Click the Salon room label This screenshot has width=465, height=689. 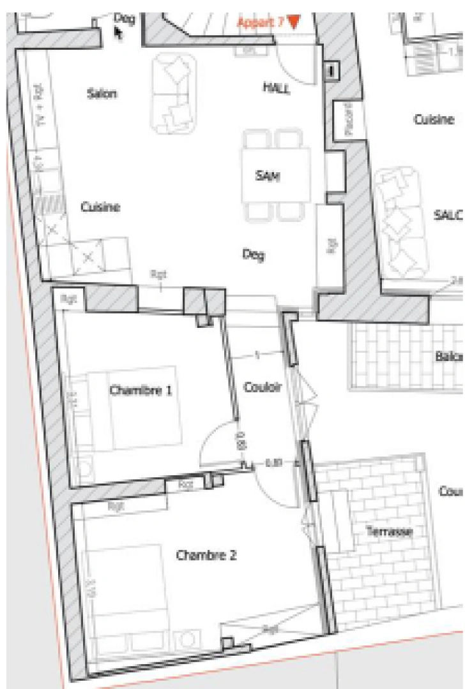pos(102,94)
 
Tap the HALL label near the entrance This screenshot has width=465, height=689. pos(276,88)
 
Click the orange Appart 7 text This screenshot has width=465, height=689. pos(261,22)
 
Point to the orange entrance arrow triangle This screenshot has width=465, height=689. pos(293,22)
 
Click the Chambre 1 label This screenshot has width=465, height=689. pos(141,390)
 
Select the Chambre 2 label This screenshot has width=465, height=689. pos(206,555)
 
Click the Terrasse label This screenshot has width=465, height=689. pos(389,531)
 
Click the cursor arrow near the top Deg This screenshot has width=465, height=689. pos(119,32)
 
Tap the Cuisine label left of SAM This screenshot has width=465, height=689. pos(100,207)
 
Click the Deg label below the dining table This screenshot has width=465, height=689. pos(253,255)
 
